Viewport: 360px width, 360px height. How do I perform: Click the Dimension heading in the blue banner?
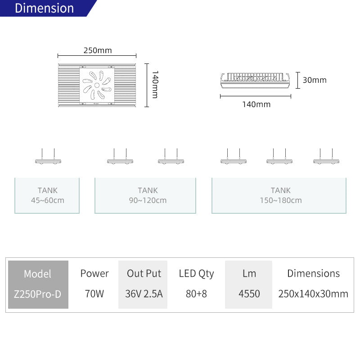pos(44,8)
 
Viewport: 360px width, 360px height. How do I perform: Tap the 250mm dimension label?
pos(98,50)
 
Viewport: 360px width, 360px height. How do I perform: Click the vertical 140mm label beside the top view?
pos(155,85)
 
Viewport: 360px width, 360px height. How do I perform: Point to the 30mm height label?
pos(315,80)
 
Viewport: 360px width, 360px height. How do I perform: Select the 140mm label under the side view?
pos(256,104)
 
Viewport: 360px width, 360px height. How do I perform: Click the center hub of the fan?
pos(97,85)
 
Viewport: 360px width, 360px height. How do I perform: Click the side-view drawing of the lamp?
pos(255,81)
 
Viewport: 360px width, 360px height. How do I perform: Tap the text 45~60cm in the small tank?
pos(48,200)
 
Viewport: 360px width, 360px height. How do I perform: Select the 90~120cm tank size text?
pos(148,200)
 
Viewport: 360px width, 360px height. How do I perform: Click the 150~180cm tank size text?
pos(281,200)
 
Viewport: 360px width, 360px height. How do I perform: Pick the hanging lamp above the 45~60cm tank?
pos(48,156)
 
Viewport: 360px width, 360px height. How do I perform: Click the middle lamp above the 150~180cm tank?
pos(279,156)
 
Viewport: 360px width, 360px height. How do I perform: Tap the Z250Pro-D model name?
pos(38,294)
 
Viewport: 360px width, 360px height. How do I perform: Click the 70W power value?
pos(94,294)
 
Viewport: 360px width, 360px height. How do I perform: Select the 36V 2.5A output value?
pos(144,294)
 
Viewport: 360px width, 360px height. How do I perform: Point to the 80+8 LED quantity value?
pos(196,294)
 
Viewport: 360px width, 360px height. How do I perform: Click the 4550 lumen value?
pos(249,294)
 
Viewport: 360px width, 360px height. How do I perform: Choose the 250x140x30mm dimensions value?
pos(313,294)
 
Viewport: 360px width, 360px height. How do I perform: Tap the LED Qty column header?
pos(196,274)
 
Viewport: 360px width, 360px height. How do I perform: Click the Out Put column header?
pos(144,274)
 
